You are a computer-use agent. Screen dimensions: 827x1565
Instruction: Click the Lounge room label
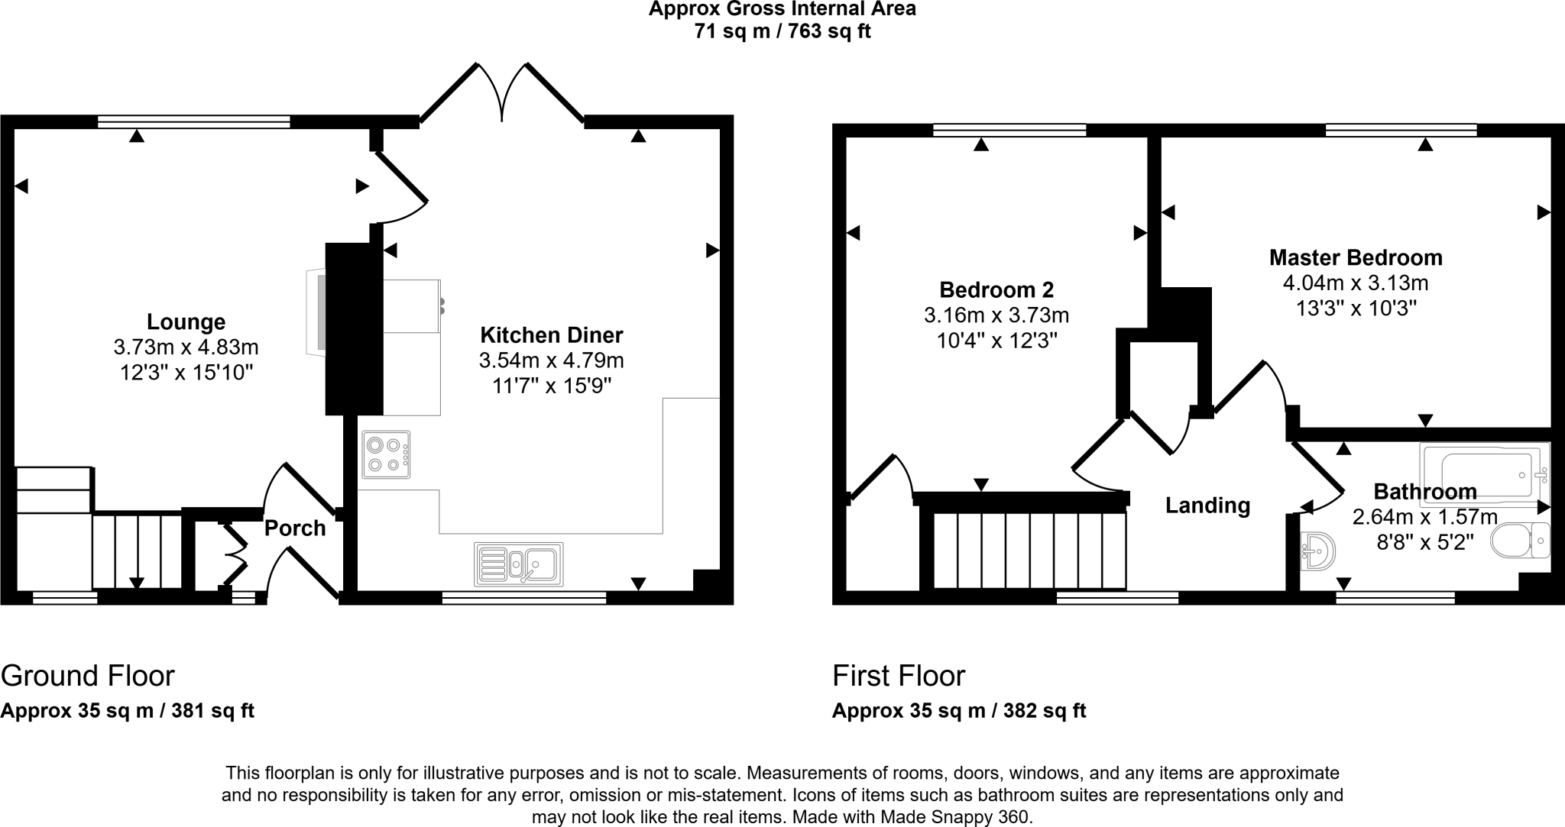pos(186,321)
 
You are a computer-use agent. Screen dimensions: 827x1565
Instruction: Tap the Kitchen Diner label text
pos(551,334)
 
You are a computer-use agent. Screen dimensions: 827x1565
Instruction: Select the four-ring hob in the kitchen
pos(386,454)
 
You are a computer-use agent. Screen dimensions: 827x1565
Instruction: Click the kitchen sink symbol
pos(518,564)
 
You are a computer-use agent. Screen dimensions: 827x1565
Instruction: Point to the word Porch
pos(295,528)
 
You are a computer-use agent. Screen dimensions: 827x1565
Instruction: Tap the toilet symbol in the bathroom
pos(1519,541)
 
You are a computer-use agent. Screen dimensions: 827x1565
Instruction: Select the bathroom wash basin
pos(1318,551)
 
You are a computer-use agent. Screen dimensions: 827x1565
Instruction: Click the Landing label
pos(1207,506)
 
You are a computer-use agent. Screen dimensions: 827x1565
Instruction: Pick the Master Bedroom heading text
pos(1356,257)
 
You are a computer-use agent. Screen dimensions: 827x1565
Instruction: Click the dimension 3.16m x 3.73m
pos(996,315)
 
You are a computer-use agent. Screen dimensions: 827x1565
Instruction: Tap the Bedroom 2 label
pos(996,289)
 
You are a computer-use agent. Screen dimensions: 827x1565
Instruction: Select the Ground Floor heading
pos(88,676)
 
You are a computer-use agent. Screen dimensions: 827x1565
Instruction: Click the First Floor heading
pos(899,676)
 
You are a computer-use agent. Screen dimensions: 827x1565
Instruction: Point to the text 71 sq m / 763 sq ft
pos(782,31)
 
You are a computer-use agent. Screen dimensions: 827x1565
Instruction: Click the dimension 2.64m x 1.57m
pos(1424,517)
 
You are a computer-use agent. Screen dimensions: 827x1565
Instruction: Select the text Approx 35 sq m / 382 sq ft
pos(958,711)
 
